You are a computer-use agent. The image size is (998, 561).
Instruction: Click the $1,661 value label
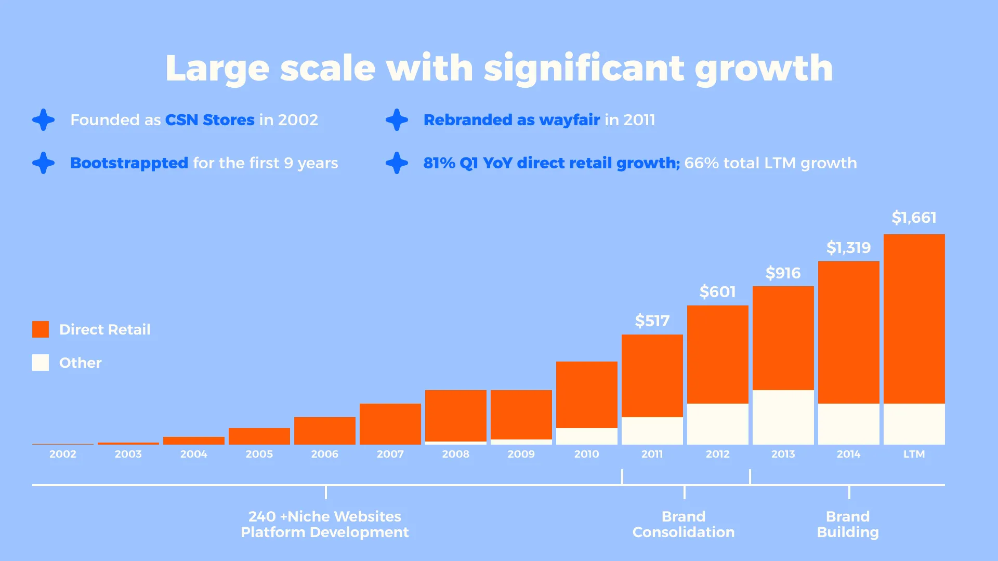click(x=914, y=218)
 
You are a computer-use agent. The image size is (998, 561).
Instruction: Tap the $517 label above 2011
click(x=652, y=321)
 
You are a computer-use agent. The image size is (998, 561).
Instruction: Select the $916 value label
click(x=783, y=273)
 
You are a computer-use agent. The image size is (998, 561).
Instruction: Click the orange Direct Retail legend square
click(x=41, y=329)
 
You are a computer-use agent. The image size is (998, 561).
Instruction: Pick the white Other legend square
click(x=41, y=363)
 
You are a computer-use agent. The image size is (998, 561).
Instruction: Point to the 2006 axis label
click(x=324, y=454)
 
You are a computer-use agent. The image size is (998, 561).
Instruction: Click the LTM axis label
click(x=914, y=454)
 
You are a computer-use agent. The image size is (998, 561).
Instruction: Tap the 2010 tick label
click(x=586, y=454)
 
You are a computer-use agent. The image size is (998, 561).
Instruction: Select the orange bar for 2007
click(x=390, y=424)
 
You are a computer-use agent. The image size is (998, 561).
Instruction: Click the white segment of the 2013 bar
click(x=783, y=417)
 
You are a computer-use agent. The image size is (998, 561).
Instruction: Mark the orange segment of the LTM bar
click(x=914, y=319)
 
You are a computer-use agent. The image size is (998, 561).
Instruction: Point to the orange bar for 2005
click(x=259, y=436)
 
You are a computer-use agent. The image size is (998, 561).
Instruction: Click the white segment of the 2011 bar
click(x=652, y=431)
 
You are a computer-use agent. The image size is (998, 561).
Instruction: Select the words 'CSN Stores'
click(x=209, y=120)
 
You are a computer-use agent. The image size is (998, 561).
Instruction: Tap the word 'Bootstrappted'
click(x=129, y=163)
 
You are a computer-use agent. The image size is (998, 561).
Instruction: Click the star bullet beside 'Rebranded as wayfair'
click(x=397, y=120)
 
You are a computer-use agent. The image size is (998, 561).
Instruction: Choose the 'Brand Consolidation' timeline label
click(x=683, y=524)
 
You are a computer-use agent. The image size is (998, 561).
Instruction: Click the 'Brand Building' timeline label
click(x=847, y=524)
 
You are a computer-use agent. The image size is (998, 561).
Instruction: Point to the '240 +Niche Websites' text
click(x=324, y=516)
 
